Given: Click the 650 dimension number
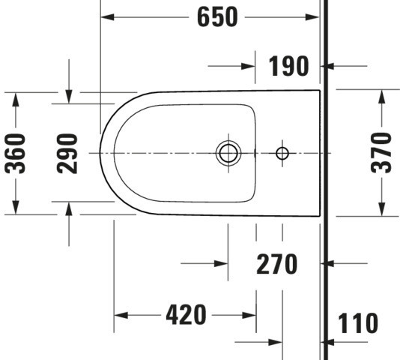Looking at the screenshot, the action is (x=217, y=17).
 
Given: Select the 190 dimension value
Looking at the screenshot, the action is (x=289, y=66).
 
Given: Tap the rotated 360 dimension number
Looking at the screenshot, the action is (x=15, y=153).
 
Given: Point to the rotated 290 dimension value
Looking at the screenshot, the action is (x=67, y=153).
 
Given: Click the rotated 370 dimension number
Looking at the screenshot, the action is (x=381, y=153).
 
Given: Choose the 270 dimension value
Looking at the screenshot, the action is (x=277, y=264).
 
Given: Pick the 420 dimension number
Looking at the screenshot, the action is (x=186, y=315).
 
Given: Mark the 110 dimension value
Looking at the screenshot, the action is (x=358, y=322).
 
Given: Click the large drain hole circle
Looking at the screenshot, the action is (x=228, y=153).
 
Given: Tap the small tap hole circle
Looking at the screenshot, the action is (x=282, y=153).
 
